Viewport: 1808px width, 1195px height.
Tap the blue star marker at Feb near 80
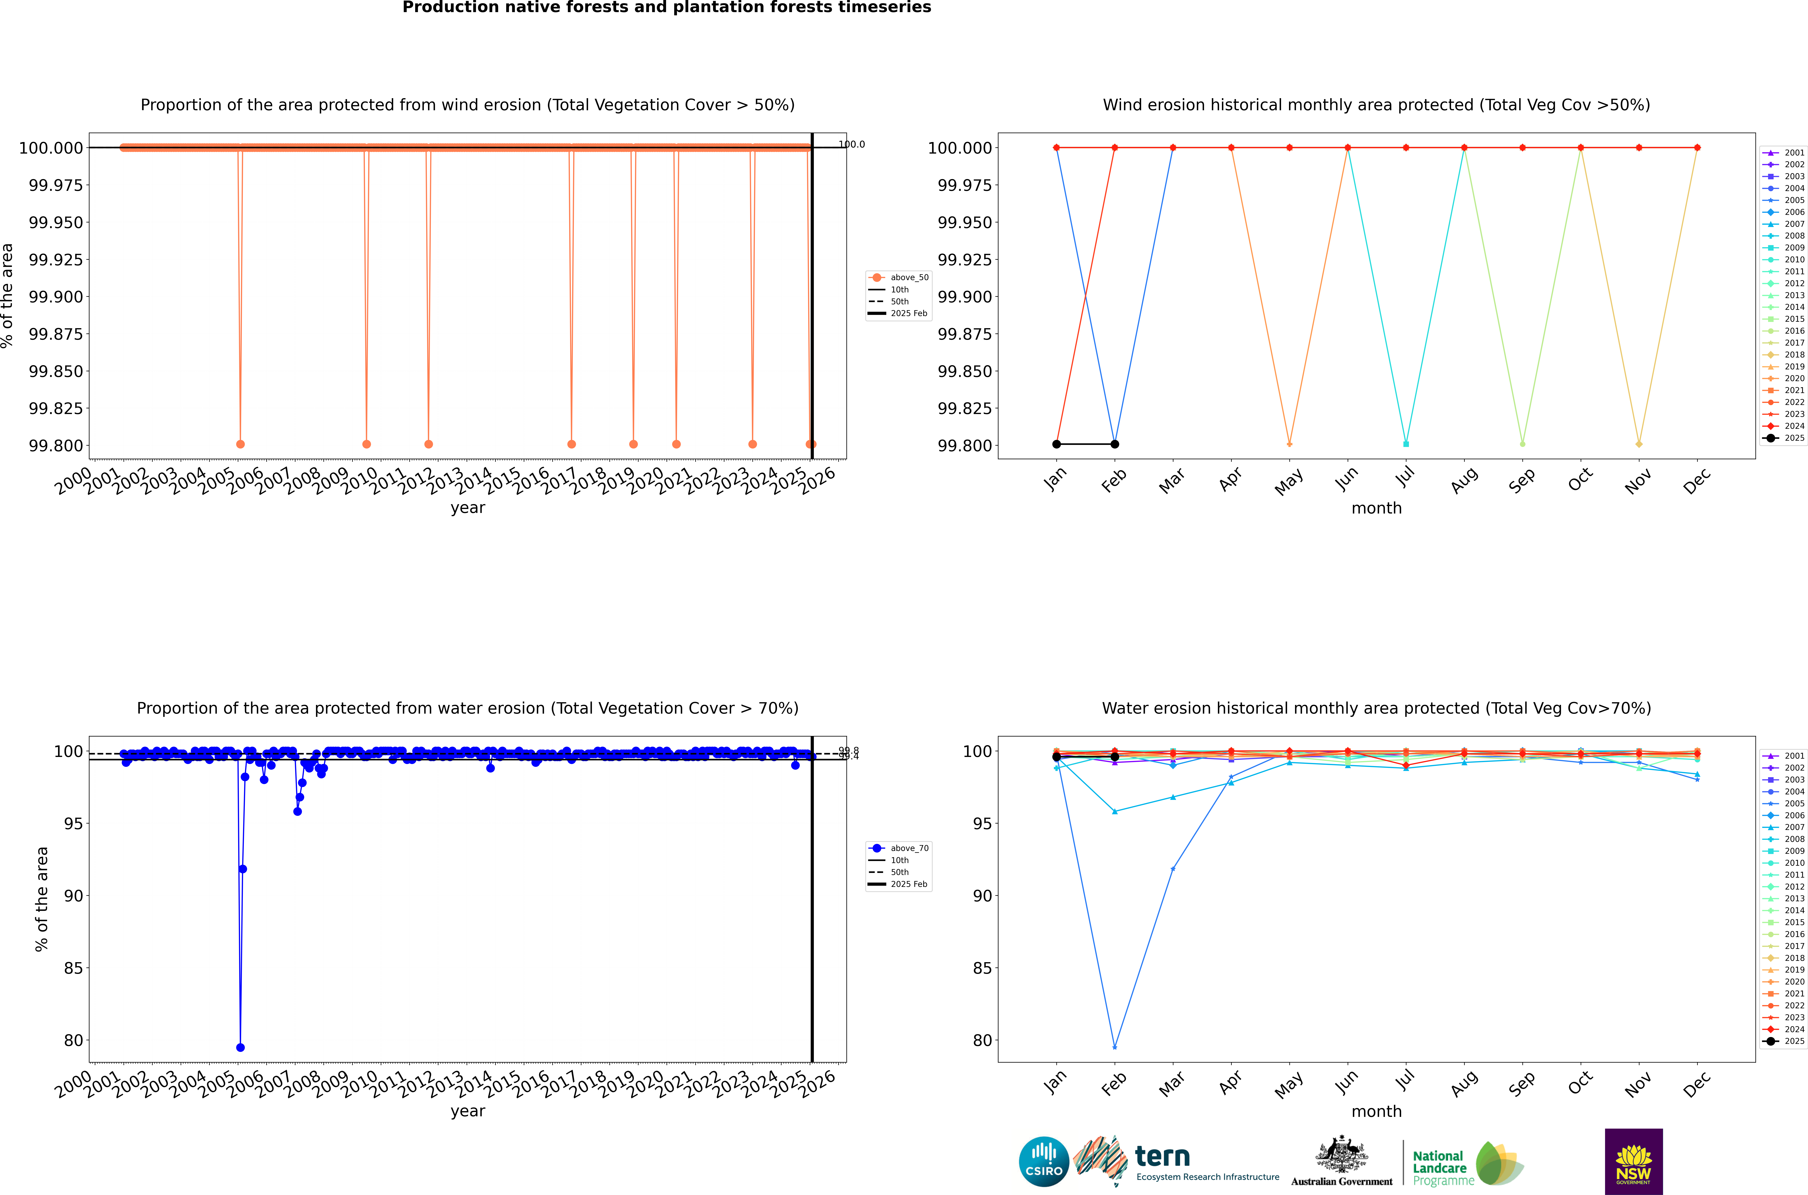coord(1115,1047)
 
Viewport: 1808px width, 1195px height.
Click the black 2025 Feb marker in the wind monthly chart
coord(1115,444)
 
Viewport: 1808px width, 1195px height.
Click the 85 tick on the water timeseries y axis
coord(73,968)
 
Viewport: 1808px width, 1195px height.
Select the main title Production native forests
coord(667,8)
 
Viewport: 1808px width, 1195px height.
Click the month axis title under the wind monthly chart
coord(1376,508)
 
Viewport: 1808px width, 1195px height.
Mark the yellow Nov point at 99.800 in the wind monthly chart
coord(1639,444)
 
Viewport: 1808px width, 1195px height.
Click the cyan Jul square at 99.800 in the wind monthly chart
coord(1406,444)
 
